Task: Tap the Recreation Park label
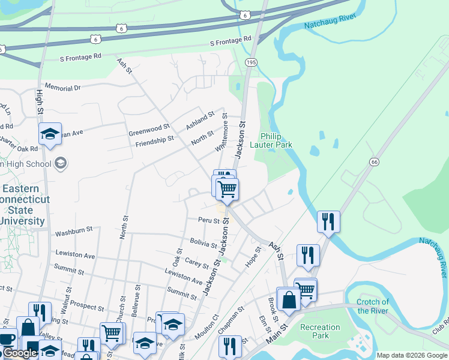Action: [x=320, y=332]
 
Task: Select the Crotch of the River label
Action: [x=372, y=306]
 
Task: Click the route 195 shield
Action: [x=252, y=62]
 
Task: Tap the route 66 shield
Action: [x=374, y=162]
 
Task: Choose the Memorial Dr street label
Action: [x=62, y=88]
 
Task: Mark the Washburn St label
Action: [x=74, y=229]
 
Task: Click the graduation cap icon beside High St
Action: [x=50, y=135]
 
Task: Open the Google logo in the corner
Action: [x=19, y=353]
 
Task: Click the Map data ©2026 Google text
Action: [x=411, y=355]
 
